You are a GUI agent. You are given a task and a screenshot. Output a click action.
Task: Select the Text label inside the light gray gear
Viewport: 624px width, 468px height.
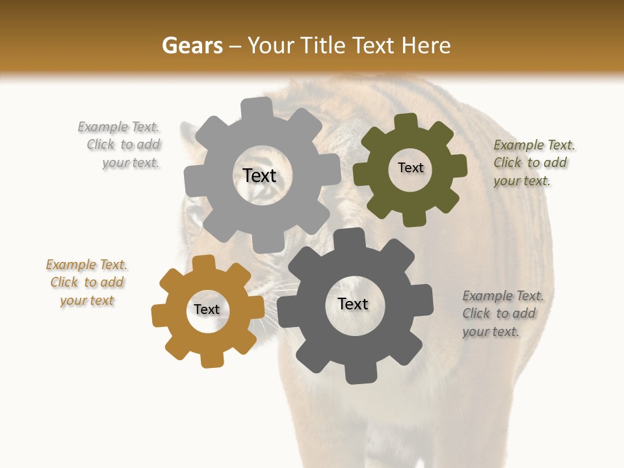tap(259, 175)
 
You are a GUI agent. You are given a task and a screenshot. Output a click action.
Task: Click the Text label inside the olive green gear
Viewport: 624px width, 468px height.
tap(410, 168)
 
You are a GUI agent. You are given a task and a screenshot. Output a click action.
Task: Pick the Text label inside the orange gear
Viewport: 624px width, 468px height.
tap(207, 309)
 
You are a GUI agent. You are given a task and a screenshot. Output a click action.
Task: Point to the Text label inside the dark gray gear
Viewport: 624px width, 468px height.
tap(353, 304)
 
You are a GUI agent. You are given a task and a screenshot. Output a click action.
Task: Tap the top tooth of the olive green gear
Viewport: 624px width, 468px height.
tap(406, 122)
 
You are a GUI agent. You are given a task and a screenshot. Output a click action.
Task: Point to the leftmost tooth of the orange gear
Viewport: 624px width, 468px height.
tap(160, 315)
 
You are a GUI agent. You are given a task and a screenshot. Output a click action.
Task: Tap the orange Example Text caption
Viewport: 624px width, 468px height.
tap(87, 283)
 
